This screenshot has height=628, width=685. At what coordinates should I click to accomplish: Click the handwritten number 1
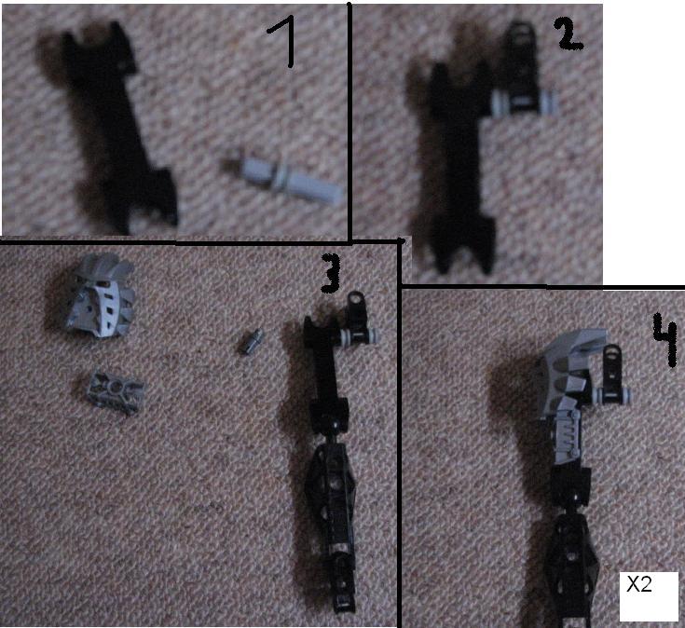coord(281,44)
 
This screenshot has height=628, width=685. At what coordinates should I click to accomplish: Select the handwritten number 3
coord(331,274)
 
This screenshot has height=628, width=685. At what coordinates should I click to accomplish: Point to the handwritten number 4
coord(664,339)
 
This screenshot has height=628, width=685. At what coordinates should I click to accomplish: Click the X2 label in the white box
coord(639,584)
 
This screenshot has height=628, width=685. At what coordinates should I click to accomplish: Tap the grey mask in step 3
coord(101,296)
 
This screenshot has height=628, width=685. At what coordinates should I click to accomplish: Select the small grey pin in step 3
coord(252,341)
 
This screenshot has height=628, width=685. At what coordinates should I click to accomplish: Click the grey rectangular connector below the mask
coord(116,391)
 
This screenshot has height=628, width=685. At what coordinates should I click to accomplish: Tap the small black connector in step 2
coord(520,65)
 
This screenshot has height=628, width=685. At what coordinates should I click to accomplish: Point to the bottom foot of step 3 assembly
coord(342,585)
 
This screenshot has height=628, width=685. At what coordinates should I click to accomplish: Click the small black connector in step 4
coord(612,371)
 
